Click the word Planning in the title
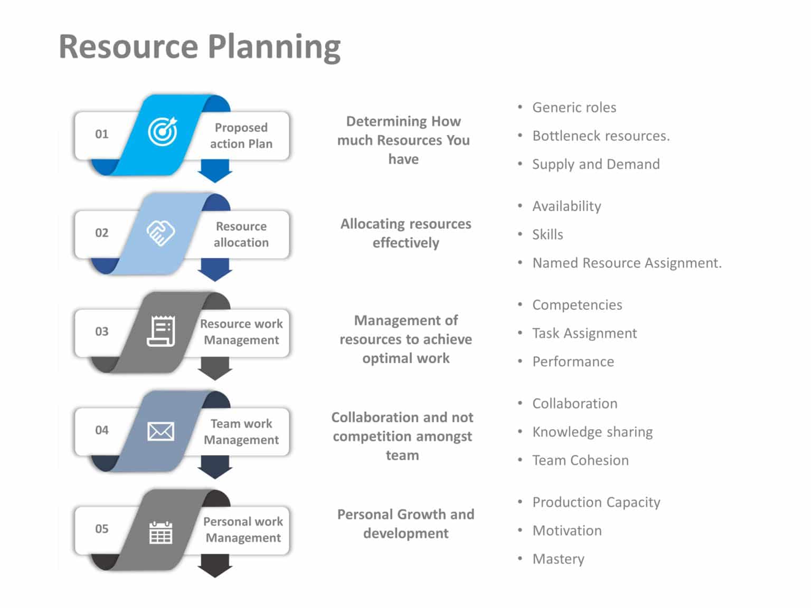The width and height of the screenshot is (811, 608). click(274, 47)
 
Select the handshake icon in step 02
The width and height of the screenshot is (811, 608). click(161, 233)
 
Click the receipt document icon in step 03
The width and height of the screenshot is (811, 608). click(161, 331)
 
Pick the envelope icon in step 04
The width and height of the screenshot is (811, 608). click(161, 431)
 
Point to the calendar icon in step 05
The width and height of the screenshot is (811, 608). click(161, 532)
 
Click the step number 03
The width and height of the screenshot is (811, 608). click(102, 331)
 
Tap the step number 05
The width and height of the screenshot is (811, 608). click(102, 529)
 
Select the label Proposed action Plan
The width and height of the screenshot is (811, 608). click(241, 136)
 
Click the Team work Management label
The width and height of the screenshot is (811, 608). click(241, 432)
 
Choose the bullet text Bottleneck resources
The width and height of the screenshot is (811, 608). click(600, 136)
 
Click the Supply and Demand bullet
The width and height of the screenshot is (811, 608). click(596, 165)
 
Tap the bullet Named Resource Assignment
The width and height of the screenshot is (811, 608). click(626, 263)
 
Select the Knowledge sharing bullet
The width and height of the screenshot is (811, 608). click(592, 432)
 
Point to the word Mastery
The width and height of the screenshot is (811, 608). click(558, 559)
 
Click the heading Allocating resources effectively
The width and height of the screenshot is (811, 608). click(405, 233)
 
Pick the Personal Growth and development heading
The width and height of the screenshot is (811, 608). click(405, 524)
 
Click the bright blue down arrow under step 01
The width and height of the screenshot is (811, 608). click(215, 171)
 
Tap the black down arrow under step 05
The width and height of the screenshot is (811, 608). click(215, 566)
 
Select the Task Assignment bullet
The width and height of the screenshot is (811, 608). click(584, 334)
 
